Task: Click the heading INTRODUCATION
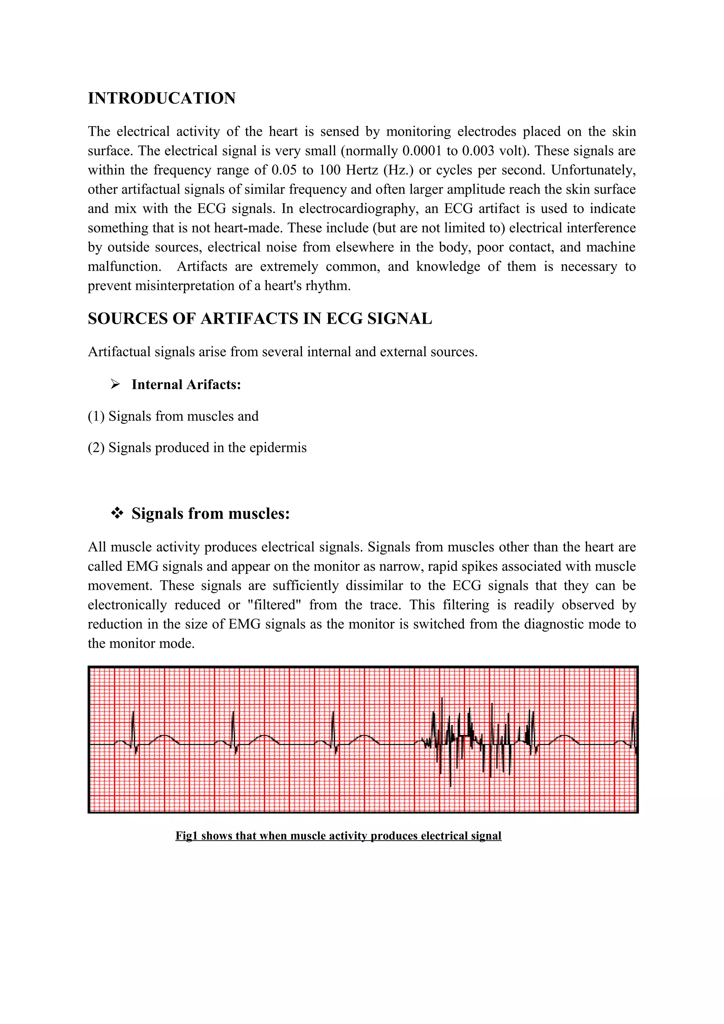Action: [162, 99]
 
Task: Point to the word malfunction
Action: [124, 267]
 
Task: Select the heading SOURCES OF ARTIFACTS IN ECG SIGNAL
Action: [259, 319]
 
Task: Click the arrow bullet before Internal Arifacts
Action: [116, 384]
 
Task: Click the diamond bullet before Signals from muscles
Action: [117, 514]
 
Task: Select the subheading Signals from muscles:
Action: [211, 514]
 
